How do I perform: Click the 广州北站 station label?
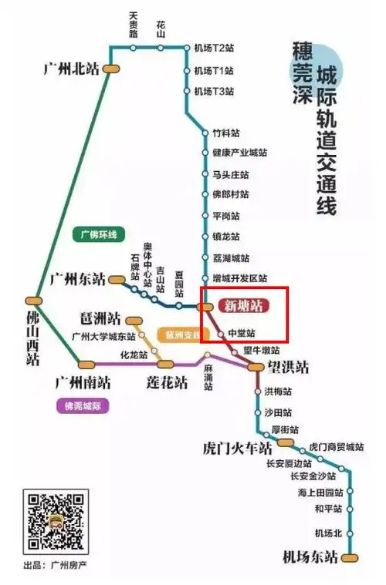pos(73,68)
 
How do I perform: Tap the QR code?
pos(55,522)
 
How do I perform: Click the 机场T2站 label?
pos(214,48)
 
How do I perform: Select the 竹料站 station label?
pos(225,133)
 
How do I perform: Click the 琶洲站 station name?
pos(100,318)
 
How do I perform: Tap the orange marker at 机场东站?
pos(352,556)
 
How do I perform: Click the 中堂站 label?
pos(241,333)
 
